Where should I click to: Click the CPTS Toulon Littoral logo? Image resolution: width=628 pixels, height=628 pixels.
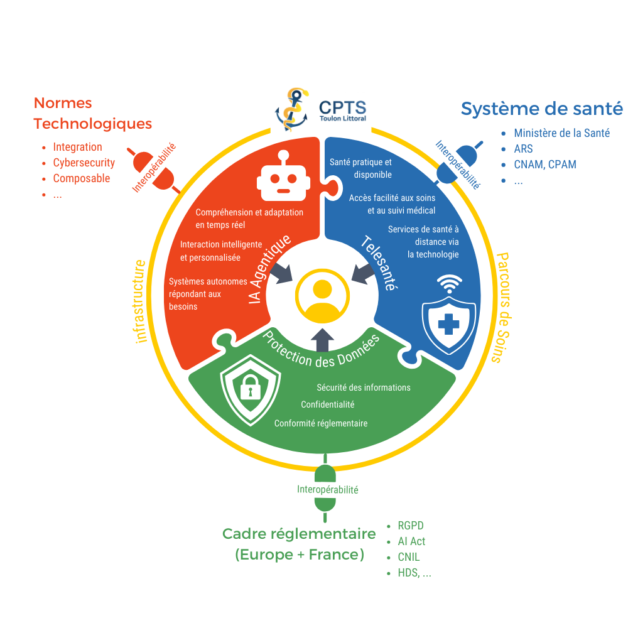pyautogui.click(x=320, y=113)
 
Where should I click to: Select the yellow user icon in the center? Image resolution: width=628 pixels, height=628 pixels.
pyautogui.click(x=322, y=296)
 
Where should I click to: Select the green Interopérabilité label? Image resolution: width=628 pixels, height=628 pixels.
pyautogui.click(x=328, y=489)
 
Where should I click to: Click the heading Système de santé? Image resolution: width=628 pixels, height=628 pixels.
pyautogui.click(x=541, y=109)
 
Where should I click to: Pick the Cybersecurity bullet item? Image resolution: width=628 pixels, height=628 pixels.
pyautogui.click(x=84, y=163)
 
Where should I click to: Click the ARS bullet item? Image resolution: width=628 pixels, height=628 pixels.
pyautogui.click(x=522, y=149)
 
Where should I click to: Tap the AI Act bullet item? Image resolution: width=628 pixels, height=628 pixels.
pyautogui.click(x=411, y=541)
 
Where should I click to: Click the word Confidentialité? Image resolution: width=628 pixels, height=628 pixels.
pyautogui.click(x=327, y=404)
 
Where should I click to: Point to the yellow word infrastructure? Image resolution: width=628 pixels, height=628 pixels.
pyautogui.click(x=141, y=301)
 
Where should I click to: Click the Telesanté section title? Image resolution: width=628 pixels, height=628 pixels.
pyautogui.click(x=379, y=263)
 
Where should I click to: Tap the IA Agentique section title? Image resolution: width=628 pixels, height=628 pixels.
pyautogui.click(x=270, y=270)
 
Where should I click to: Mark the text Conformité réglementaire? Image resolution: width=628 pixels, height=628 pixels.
pyautogui.click(x=320, y=423)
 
